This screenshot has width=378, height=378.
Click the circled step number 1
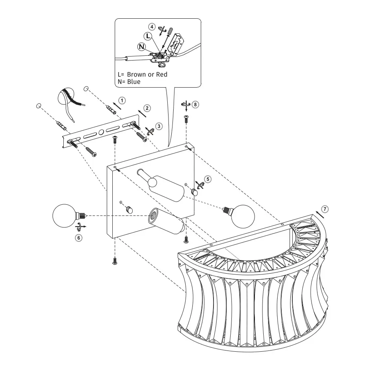[x=122, y=100]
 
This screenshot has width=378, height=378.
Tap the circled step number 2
[x=147, y=108]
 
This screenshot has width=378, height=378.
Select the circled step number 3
[x=159, y=126]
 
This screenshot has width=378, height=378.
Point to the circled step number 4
[x=152, y=27]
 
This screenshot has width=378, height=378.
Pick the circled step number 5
[x=208, y=179]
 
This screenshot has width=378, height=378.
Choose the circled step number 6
[x=78, y=238]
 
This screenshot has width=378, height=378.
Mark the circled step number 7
[x=325, y=209]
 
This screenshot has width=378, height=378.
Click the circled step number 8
[x=195, y=104]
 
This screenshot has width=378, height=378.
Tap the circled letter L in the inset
[x=148, y=36]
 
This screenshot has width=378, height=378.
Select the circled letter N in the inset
[x=141, y=47]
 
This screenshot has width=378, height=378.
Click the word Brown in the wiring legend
[x=137, y=74]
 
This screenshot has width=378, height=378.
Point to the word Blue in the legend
[x=133, y=82]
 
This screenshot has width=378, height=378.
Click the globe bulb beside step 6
[x=64, y=215]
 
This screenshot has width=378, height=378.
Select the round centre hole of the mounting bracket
[x=101, y=132]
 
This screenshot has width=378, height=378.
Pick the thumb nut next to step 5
[x=194, y=192]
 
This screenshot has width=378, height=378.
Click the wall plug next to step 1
[x=111, y=108]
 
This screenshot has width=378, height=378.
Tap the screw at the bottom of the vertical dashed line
[x=115, y=261]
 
